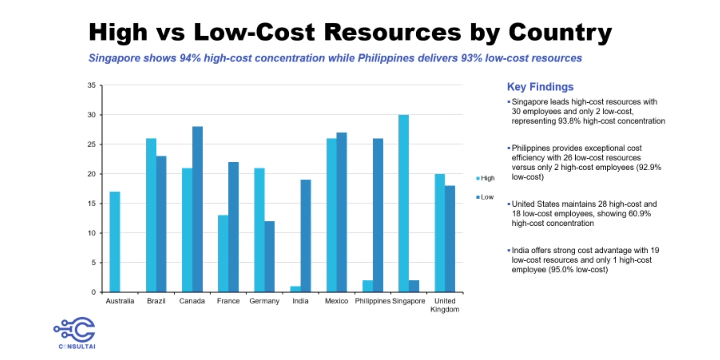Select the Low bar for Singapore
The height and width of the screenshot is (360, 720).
pyautogui.click(x=414, y=286)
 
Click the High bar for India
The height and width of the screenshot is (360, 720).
pyautogui.click(x=295, y=289)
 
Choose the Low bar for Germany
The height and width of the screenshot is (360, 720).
pyautogui.click(x=269, y=256)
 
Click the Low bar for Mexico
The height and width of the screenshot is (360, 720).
pyautogui.click(x=342, y=212)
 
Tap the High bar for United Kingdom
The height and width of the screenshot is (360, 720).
pyautogui.click(x=440, y=233)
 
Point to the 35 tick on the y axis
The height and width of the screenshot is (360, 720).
pyautogui.click(x=92, y=85)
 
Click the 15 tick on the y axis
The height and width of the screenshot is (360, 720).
pyautogui.click(x=92, y=203)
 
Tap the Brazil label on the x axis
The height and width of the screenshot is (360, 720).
pyautogui.click(x=156, y=301)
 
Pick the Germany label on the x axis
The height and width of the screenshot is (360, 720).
pyautogui.click(x=264, y=301)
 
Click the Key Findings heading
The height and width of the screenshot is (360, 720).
pyautogui.click(x=540, y=87)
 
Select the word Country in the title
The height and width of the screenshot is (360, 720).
pyautogui.click(x=560, y=32)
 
